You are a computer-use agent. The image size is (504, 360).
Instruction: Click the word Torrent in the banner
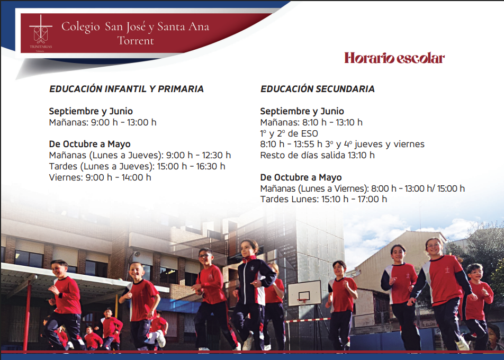click(136, 41)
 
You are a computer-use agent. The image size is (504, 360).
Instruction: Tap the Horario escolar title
click(394, 58)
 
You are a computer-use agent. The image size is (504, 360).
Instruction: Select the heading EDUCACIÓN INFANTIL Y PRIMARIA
click(127, 89)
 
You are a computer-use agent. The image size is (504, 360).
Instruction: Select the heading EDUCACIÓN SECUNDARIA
click(318, 89)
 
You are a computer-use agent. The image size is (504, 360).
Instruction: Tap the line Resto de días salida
click(301, 155)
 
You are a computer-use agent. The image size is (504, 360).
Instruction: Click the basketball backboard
click(304, 293)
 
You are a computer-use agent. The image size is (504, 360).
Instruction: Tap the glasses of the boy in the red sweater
click(205, 256)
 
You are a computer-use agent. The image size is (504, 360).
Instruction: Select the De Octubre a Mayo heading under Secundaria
click(301, 177)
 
